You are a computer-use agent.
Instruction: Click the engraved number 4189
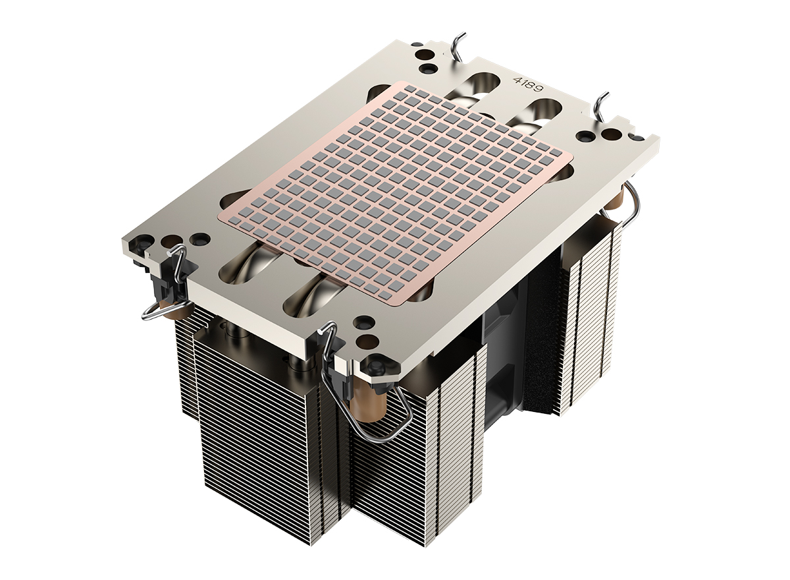coord(527,84)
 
